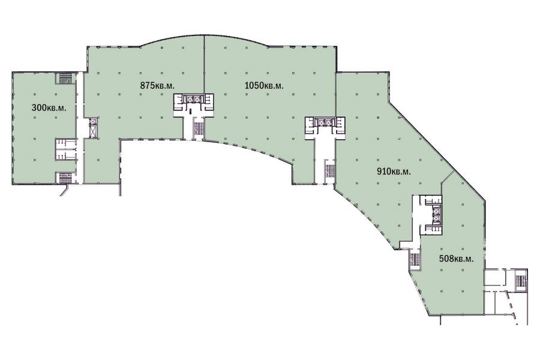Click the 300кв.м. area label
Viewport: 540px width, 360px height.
tap(49, 107)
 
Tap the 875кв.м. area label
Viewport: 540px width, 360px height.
tap(157, 85)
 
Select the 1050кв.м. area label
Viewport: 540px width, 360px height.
tap(264, 85)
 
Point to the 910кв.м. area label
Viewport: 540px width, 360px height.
tap(394, 171)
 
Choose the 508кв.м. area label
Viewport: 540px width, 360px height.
tap(457, 259)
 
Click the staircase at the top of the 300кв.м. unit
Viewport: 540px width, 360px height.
tap(65, 78)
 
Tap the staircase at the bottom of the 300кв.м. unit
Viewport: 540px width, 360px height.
tap(65, 178)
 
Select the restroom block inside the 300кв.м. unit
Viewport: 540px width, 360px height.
tap(66, 149)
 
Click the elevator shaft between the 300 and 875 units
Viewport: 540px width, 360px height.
tap(92, 128)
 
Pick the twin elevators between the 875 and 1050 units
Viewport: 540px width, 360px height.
tap(193, 99)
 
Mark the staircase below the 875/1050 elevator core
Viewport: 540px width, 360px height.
tap(197, 130)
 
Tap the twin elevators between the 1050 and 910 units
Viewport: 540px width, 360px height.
tap(325, 122)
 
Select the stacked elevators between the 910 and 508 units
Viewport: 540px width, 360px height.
tap(436, 215)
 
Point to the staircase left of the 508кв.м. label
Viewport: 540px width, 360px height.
tap(414, 260)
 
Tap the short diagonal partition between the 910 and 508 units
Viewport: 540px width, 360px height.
tap(448, 176)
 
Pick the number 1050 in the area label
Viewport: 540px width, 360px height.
tap(254, 85)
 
